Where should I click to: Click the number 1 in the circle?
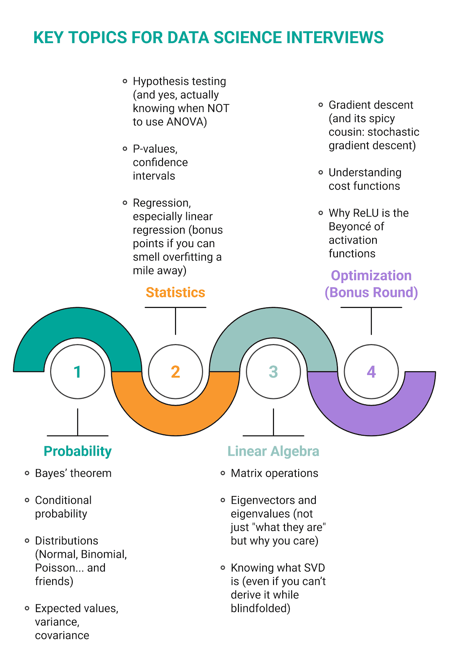[x=77, y=372]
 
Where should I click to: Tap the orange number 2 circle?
[x=175, y=372]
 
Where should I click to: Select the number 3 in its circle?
[x=273, y=372]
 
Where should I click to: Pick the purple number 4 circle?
[x=371, y=372]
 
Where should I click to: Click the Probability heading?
[x=78, y=451]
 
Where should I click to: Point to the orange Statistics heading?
[x=175, y=292]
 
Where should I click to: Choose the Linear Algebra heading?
[x=273, y=451]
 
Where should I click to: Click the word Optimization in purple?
[x=371, y=276]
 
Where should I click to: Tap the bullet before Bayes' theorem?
[x=27, y=473]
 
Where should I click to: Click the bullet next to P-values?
[x=125, y=149]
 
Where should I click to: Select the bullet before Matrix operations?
[x=223, y=473]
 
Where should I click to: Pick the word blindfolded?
[x=260, y=608]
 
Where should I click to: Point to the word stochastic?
[x=393, y=132]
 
